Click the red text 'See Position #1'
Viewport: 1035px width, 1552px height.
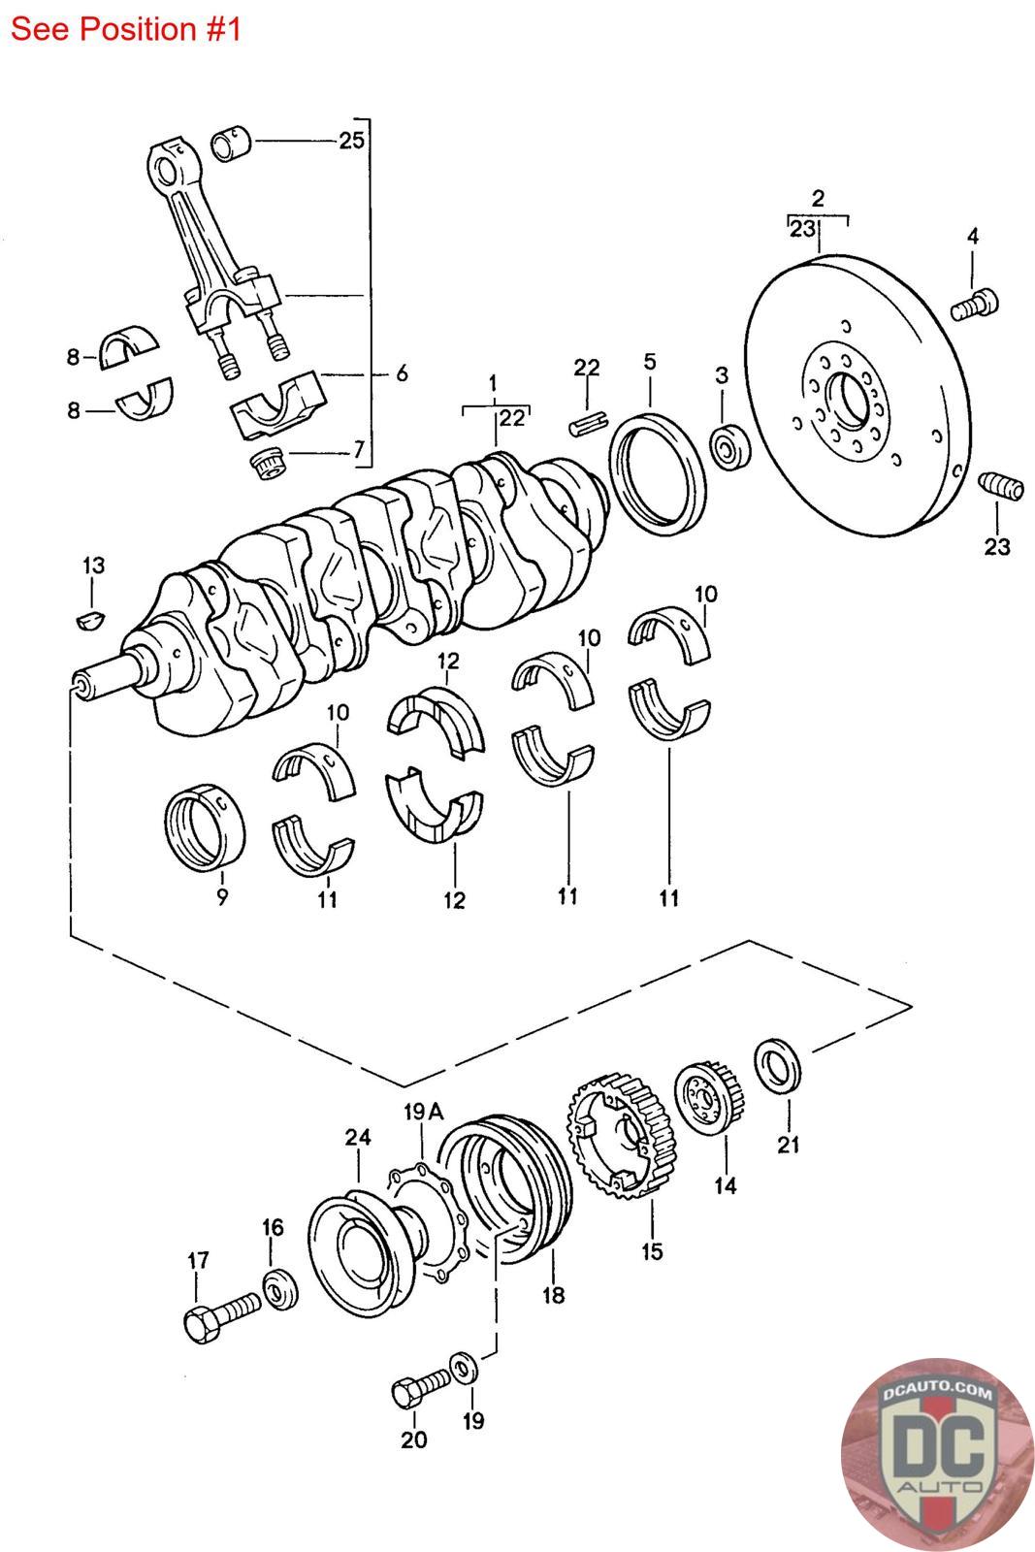click(125, 30)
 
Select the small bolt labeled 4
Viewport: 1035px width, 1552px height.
click(974, 306)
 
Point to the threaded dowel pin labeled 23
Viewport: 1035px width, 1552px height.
click(1001, 485)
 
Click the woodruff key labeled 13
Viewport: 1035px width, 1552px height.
click(90, 620)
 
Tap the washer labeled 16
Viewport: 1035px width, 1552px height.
click(280, 1289)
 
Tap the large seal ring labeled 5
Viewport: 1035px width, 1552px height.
click(658, 473)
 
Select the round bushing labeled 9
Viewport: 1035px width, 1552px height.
click(205, 826)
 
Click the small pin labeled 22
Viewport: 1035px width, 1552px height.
click(590, 423)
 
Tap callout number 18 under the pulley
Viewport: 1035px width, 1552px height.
click(553, 1294)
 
